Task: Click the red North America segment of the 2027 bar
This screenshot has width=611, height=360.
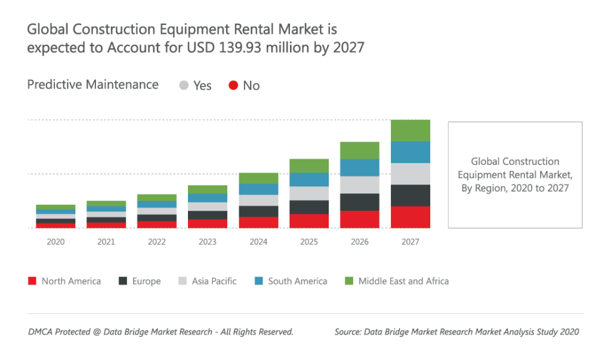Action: [x=411, y=217]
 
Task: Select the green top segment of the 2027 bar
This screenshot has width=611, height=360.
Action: [x=411, y=130]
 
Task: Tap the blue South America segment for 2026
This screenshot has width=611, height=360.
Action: [x=360, y=167]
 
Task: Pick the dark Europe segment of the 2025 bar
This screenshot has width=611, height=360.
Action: [x=309, y=207]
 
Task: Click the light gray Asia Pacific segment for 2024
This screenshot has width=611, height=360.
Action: [x=258, y=200]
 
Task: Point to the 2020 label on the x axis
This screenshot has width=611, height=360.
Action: [x=55, y=242]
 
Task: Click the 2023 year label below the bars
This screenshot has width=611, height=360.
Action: [x=208, y=242]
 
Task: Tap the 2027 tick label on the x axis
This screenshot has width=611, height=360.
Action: [x=411, y=242]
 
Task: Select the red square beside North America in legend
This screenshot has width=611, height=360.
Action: [x=32, y=281]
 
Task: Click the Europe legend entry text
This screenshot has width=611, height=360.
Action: [x=147, y=281]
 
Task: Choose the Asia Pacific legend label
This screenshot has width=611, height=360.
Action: [x=214, y=281]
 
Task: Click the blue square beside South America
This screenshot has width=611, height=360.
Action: [x=258, y=281]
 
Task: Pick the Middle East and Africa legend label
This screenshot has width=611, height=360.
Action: [x=403, y=281]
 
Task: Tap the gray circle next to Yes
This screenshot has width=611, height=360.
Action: [x=184, y=85]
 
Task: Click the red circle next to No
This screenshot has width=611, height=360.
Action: [x=233, y=85]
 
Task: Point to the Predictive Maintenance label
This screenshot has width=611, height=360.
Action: [x=93, y=85]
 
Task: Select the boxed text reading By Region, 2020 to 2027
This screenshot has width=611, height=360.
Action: [x=515, y=188]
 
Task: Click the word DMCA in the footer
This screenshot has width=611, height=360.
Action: [x=40, y=332]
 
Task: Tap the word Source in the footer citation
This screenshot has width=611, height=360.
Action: [x=349, y=332]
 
